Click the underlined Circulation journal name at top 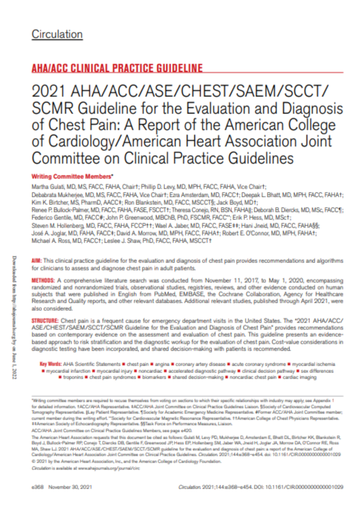[x=56, y=34]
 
